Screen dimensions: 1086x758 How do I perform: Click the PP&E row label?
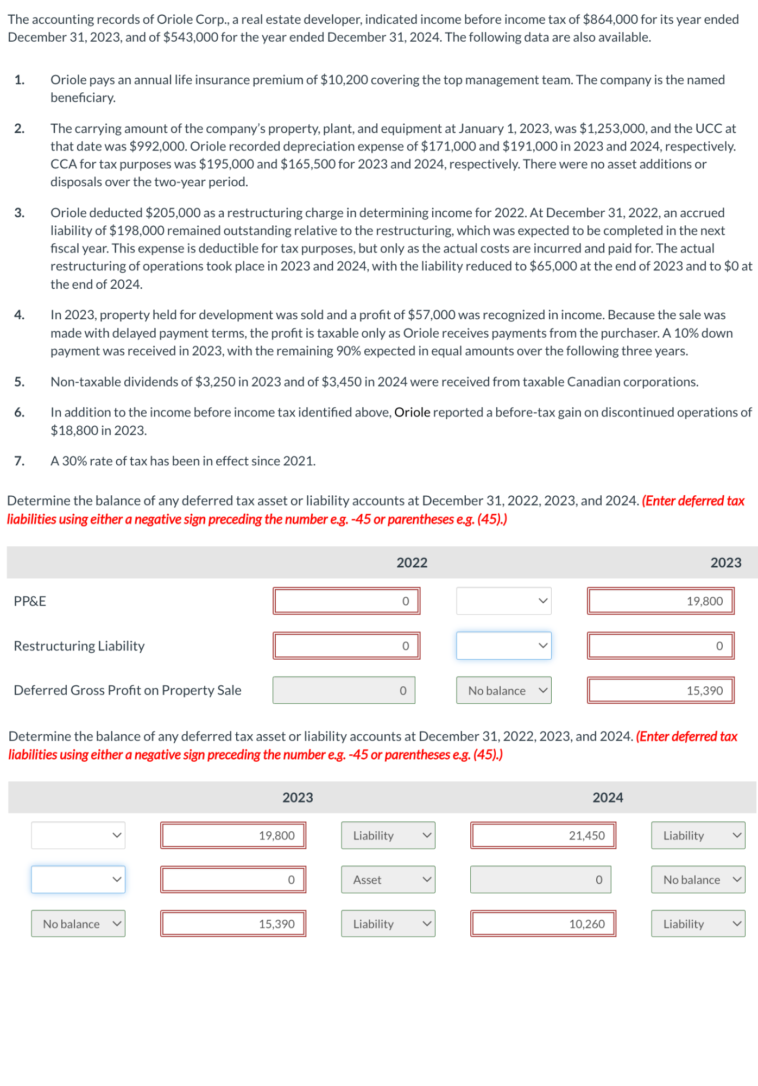point(30,601)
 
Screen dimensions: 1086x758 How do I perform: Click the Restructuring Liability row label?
point(79,646)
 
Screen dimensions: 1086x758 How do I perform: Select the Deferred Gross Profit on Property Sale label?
point(127,690)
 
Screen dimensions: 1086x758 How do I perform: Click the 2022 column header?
point(412,563)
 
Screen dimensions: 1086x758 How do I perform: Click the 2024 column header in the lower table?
point(607,797)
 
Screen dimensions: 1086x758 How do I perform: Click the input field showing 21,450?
point(542,836)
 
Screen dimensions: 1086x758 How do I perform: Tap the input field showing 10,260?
point(542,924)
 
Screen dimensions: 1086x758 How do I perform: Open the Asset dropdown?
point(388,880)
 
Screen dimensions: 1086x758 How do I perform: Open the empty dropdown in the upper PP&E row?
point(503,601)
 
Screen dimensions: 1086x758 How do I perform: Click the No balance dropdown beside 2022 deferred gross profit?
point(503,691)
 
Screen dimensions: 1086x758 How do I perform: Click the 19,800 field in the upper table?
point(660,601)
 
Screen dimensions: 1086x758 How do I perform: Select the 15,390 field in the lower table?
point(233,924)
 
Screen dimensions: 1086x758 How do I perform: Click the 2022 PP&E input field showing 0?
point(346,601)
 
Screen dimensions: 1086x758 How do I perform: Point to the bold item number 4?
point(19,315)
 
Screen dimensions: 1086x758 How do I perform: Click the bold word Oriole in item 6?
point(412,412)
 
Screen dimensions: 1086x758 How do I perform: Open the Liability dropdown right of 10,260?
point(698,924)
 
